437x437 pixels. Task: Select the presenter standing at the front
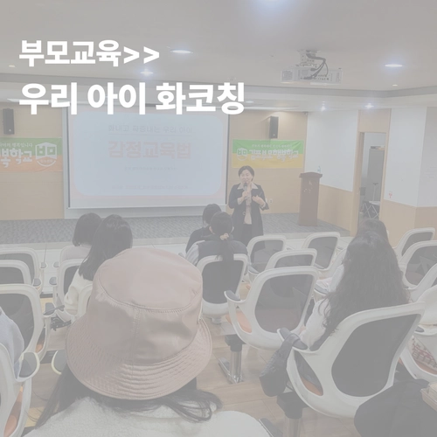click(x=247, y=203)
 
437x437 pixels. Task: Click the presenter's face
click(x=246, y=175)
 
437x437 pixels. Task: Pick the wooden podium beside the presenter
click(x=310, y=198)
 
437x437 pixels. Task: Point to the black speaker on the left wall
click(x=9, y=121)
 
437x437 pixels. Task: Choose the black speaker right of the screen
click(x=274, y=126)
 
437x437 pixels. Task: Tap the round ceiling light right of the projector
click(x=393, y=66)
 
